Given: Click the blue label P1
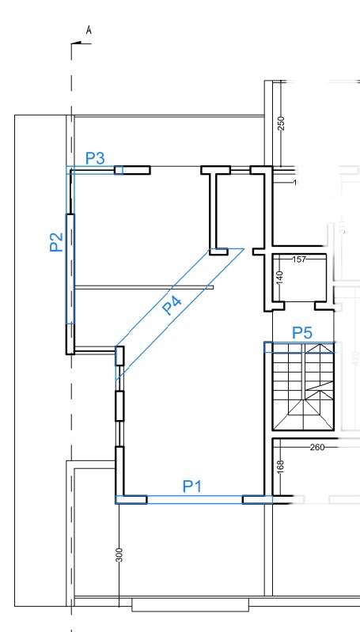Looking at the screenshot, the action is click(192, 486).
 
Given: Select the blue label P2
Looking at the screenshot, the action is click(56, 242).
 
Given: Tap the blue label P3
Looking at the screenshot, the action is click(95, 158).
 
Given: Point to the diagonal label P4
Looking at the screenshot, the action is click(172, 305).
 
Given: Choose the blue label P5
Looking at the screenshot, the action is click(302, 333).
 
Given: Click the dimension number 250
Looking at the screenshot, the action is click(282, 123).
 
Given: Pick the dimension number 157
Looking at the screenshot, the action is click(299, 259).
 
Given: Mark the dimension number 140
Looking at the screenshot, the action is click(281, 278).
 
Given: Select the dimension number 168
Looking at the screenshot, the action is click(281, 467).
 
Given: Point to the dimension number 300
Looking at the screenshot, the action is click(119, 554).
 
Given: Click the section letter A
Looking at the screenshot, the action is click(89, 30).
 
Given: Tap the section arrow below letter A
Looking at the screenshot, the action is click(81, 44).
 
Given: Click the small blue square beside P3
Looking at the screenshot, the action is click(119, 170).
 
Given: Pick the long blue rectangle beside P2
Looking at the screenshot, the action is click(70, 269).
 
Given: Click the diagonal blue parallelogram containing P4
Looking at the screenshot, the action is click(180, 315).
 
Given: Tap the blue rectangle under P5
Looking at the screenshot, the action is click(300, 347).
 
